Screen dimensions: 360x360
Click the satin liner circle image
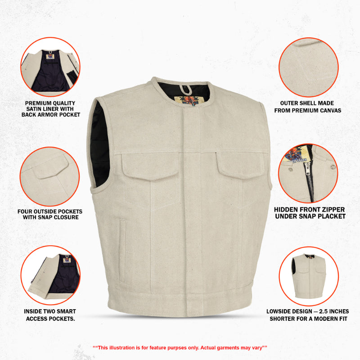(50, 67)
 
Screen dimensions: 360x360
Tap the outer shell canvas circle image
(308, 67)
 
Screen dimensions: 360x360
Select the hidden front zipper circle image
(308, 173)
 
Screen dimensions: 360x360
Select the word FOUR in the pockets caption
(27, 211)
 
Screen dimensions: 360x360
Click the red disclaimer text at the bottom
(180, 347)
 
